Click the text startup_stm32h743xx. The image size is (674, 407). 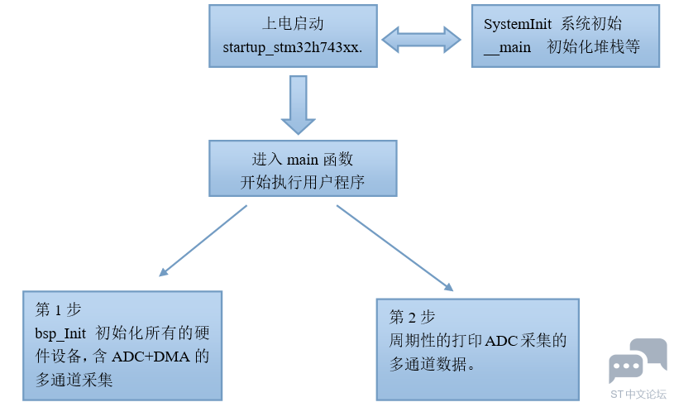(x=293, y=47)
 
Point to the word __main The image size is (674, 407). (x=508, y=47)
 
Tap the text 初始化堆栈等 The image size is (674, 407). (x=593, y=47)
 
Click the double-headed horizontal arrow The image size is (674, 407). (x=422, y=38)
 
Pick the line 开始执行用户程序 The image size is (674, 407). (x=302, y=182)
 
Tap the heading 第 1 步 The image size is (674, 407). (x=57, y=310)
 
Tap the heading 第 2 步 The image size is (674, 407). (x=411, y=317)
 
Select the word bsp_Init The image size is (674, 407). (x=60, y=333)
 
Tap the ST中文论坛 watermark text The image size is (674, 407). (x=638, y=395)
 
